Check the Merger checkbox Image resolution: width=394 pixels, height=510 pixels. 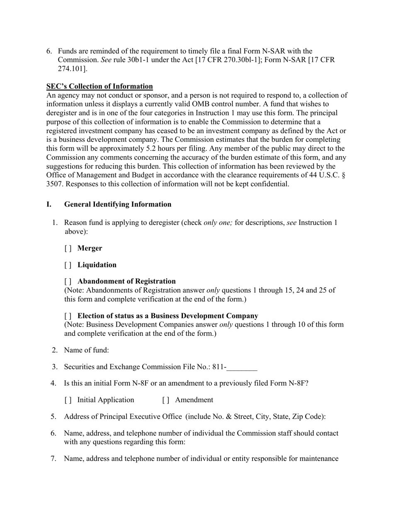68,248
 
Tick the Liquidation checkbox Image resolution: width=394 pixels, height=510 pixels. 68,265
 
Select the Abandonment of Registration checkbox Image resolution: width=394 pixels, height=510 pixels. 68,282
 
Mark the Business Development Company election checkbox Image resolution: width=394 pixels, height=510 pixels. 68,316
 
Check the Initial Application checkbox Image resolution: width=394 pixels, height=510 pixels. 68,400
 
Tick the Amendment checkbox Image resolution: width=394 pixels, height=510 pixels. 166,400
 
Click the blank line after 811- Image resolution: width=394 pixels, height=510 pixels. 242,367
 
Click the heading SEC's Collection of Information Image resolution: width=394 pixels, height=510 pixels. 100,86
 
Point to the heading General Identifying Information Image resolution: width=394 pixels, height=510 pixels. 117,204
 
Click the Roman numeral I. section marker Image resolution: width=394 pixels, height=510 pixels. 49,204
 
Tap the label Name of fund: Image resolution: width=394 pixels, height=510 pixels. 86,350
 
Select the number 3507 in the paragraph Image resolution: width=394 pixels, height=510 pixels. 54,184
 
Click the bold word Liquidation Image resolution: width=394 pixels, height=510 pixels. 97,265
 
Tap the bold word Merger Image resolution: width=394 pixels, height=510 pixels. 90,248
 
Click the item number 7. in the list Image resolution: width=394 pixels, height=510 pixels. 54,459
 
